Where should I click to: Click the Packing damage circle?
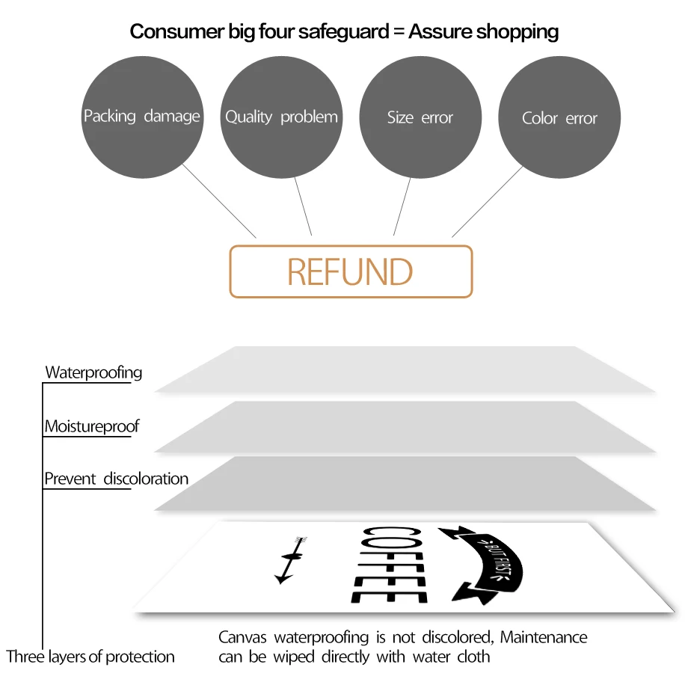(143, 117)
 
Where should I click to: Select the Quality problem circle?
(281, 117)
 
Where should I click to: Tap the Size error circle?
(420, 117)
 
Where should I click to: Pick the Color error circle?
(559, 117)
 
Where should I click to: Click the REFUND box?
(351, 271)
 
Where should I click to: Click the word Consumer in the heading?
(177, 31)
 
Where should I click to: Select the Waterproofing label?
(93, 372)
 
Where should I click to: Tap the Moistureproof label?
(92, 426)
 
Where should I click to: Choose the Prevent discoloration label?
(116, 479)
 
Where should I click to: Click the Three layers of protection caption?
(90, 657)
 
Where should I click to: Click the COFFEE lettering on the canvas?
(389, 565)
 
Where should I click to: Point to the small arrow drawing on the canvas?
(291, 560)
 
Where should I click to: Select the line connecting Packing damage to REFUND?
(219, 201)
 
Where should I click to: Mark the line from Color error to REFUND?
(488, 201)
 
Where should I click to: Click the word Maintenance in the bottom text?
(544, 637)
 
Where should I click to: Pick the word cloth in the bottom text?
(473, 657)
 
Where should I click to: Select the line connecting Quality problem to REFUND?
(303, 206)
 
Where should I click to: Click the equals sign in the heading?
(399, 31)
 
